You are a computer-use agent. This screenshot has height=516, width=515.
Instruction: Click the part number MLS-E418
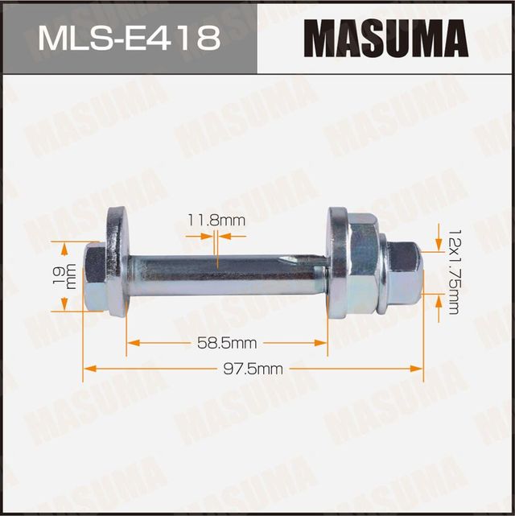(x=128, y=38)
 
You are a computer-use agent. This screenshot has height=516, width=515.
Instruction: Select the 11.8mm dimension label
(x=204, y=220)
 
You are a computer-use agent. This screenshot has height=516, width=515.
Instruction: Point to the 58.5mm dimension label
(x=227, y=343)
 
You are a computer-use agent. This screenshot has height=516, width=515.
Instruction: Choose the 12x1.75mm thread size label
(x=452, y=269)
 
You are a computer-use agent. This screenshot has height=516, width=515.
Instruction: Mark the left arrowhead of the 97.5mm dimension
(x=88, y=369)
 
